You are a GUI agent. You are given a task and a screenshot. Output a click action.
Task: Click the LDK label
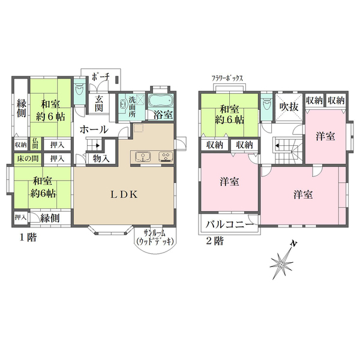pos(125,194)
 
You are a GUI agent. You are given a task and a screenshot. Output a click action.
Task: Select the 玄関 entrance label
pos(100,103)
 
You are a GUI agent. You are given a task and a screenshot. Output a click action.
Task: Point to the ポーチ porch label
pos(100,77)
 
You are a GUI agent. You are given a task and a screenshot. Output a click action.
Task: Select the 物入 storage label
pos(101,158)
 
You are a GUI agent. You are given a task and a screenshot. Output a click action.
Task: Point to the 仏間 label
pos(35,144)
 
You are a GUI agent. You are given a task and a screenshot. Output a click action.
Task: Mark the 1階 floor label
pos(27,237)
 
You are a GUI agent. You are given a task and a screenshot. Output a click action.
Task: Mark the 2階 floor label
pos(214,241)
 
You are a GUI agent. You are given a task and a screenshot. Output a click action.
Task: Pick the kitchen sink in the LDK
pos(143,157)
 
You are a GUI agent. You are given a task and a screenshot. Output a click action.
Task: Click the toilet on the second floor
pos(266,106)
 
